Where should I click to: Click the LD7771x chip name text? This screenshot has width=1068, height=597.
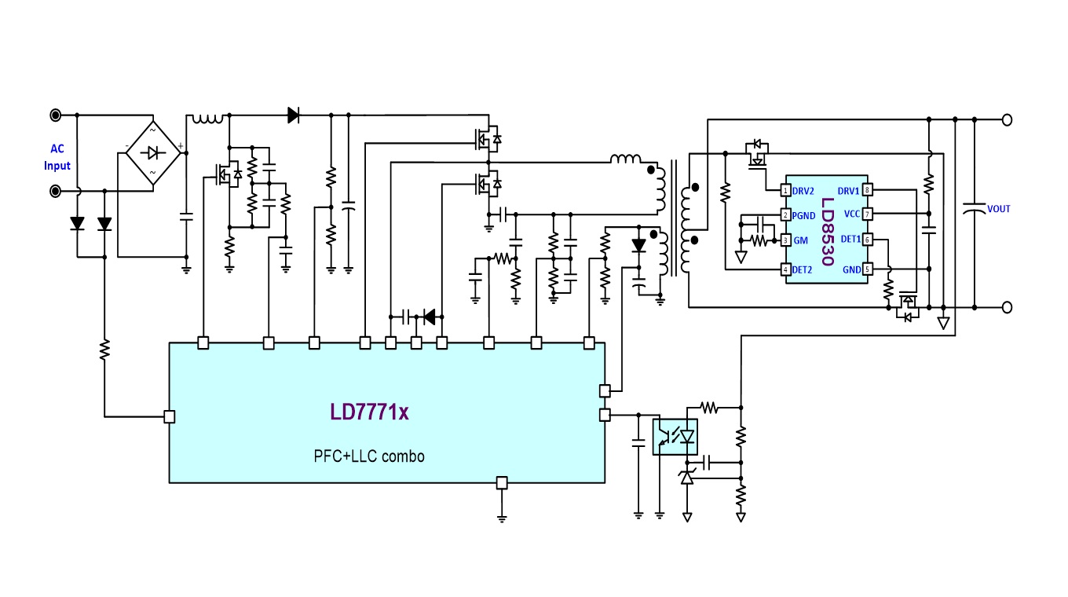click(369, 412)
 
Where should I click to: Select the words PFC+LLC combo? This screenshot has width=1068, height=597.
click(369, 456)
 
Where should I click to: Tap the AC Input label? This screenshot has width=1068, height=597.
click(57, 157)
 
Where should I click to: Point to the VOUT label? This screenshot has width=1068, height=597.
click(998, 209)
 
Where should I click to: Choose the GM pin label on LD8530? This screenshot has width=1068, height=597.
click(800, 240)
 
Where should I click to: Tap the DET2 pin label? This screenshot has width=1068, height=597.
click(803, 269)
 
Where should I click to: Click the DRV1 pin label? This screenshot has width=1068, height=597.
click(848, 191)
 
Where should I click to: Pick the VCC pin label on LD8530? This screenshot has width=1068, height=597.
click(851, 214)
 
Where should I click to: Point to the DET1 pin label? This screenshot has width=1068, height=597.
click(850, 239)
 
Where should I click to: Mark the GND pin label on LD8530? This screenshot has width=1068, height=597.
click(851, 269)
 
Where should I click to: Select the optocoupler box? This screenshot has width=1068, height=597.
click(675, 437)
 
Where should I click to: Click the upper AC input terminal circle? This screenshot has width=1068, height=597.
click(56, 115)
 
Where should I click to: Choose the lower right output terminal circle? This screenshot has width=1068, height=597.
click(1007, 308)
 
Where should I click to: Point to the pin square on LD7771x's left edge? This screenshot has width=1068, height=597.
click(169, 417)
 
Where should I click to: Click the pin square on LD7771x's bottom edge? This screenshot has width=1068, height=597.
click(503, 483)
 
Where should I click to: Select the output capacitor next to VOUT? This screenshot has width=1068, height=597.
click(975, 210)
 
